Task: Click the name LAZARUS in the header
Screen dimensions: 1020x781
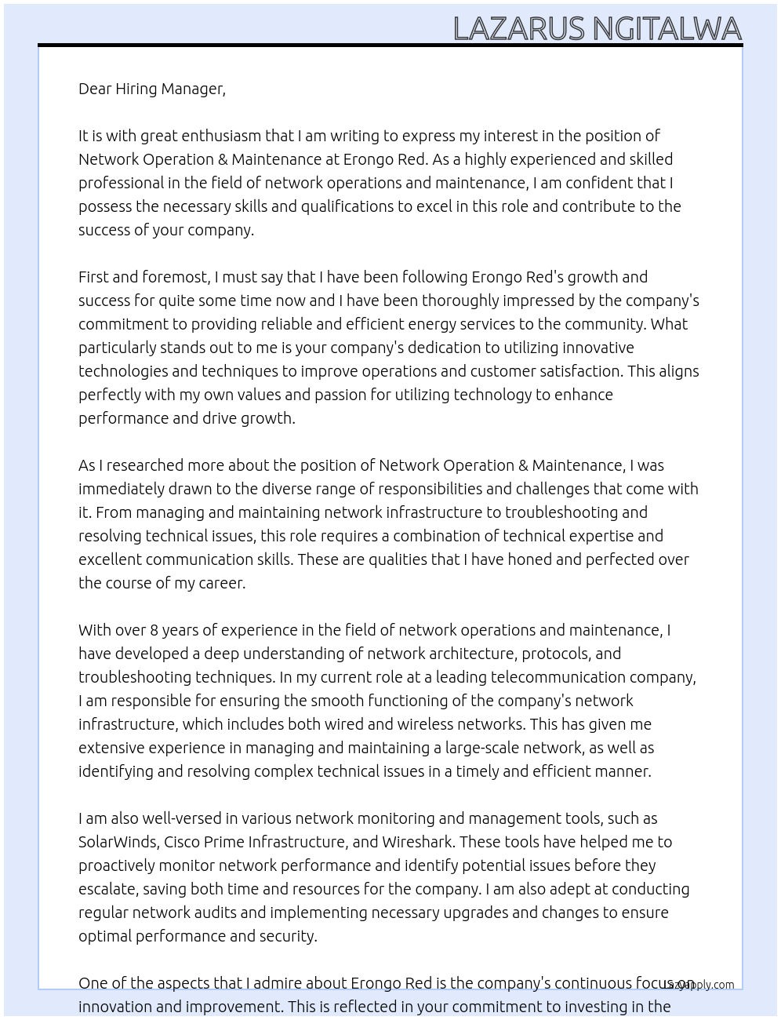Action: click(x=519, y=29)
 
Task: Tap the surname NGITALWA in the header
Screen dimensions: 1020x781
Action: click(x=667, y=29)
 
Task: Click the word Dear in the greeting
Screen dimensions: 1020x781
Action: click(x=95, y=89)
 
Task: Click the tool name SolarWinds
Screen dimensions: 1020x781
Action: click(x=118, y=842)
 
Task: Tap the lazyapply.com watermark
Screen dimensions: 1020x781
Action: click(x=699, y=985)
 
